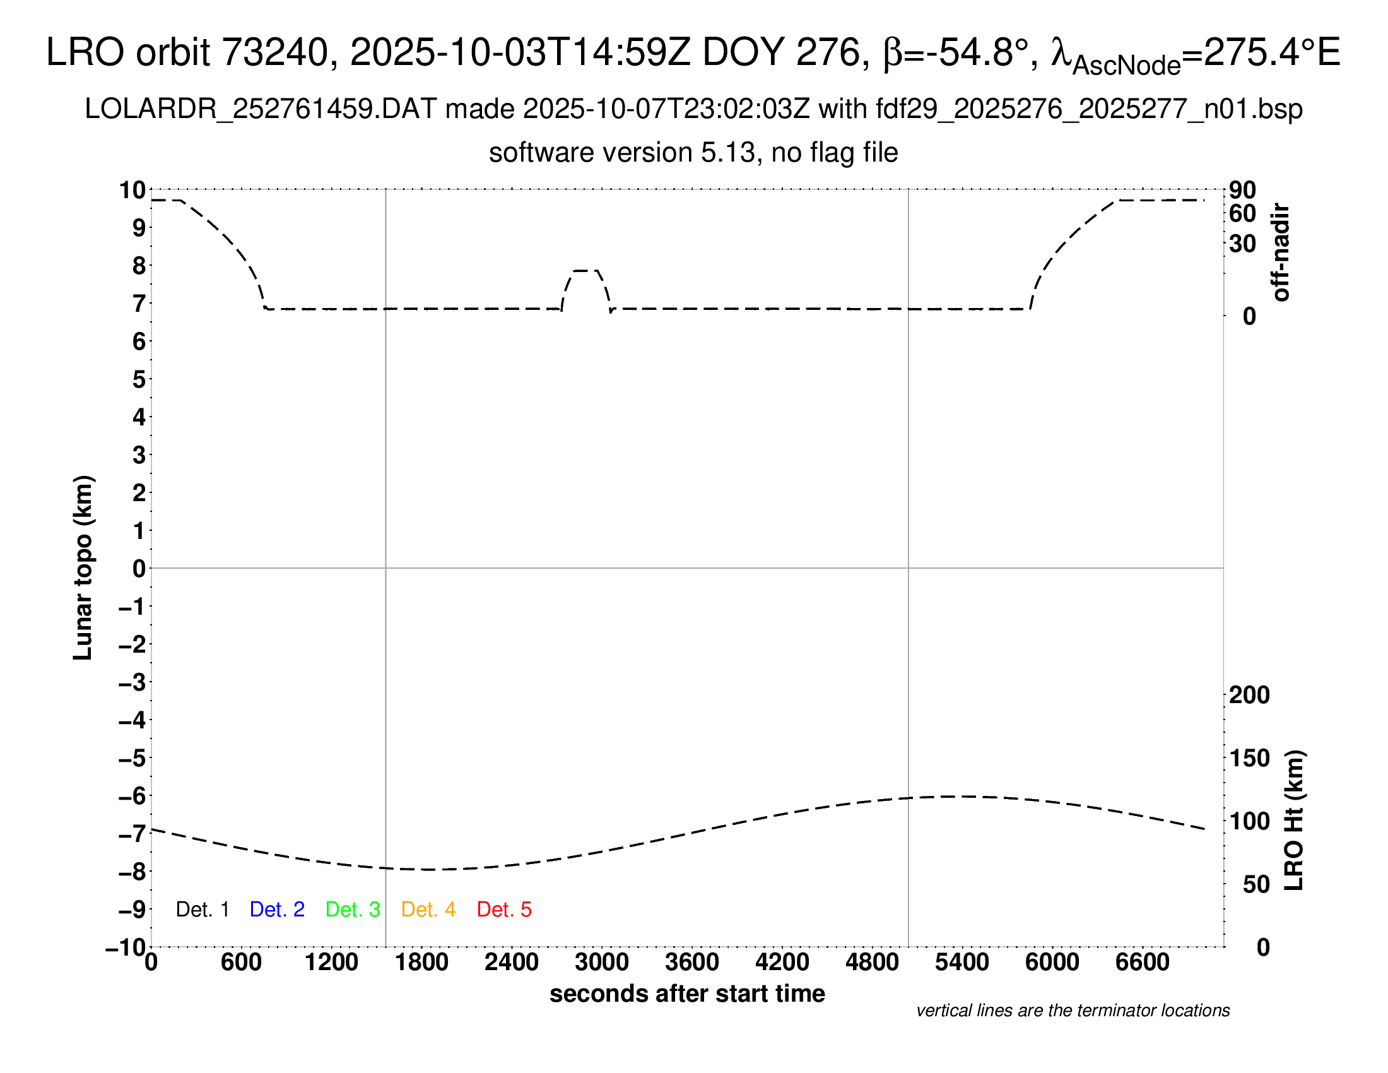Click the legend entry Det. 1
(202, 910)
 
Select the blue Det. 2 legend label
(277, 910)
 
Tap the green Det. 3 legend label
(353, 910)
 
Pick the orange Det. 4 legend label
(428, 910)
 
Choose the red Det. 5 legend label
(504, 910)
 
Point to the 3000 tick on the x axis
(602, 963)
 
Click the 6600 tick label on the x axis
(1142, 963)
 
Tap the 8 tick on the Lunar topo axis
(139, 266)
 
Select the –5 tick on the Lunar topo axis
(132, 758)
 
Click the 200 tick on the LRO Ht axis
(1249, 695)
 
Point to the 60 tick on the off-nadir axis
(1242, 213)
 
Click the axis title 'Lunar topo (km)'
(83, 567)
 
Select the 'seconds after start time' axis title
(687, 993)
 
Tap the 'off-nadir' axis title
(1281, 252)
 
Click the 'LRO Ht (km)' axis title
(1294, 821)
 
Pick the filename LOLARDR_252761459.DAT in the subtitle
(261, 109)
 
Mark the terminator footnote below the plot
(1073, 1011)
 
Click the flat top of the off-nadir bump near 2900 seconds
(585, 271)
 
